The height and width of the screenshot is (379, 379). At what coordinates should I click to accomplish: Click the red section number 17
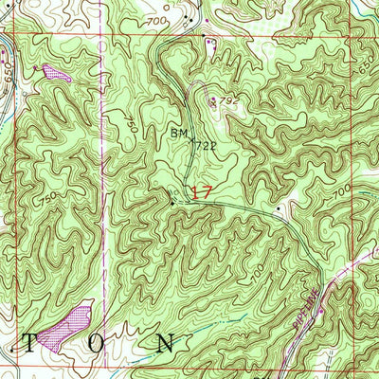[200, 191]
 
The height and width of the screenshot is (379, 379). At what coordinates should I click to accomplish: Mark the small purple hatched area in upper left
[56, 70]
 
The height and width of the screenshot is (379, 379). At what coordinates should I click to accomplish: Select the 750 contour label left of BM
[130, 120]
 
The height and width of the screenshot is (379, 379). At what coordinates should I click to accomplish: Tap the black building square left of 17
[171, 201]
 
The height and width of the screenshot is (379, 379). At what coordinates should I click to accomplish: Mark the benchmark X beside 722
[193, 141]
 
